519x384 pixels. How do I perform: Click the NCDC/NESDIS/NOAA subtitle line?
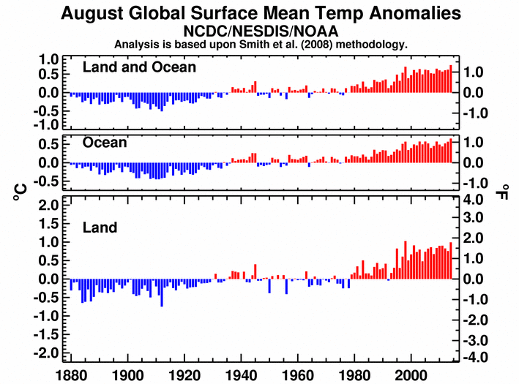pyautogui.click(x=260, y=31)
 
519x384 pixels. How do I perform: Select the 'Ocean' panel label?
pyautogui.click(x=105, y=143)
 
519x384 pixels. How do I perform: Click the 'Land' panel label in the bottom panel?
pyautogui.click(x=100, y=227)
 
